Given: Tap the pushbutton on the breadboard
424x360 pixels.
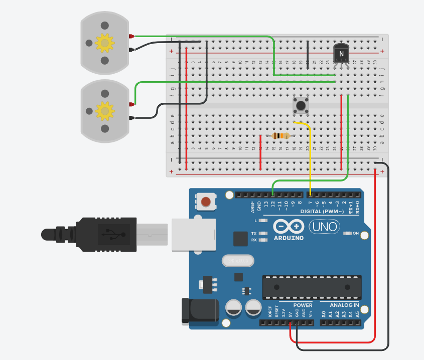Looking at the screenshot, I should (x=300, y=106).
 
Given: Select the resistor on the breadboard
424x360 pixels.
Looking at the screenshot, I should (x=280, y=136).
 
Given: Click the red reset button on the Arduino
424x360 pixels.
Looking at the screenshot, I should (x=205, y=202).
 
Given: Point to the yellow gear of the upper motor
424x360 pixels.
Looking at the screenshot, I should (x=104, y=43).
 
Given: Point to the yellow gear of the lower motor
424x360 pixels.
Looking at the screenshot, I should (x=104, y=110).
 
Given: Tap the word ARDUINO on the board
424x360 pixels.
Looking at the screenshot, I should (x=289, y=238).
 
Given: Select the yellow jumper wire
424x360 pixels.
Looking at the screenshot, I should (x=310, y=155).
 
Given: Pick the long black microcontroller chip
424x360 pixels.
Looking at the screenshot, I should (x=312, y=287).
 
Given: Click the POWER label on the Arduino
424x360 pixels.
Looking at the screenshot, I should (x=303, y=305).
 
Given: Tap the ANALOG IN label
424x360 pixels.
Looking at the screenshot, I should (x=344, y=305).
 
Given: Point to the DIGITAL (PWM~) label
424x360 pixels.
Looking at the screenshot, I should (x=322, y=212).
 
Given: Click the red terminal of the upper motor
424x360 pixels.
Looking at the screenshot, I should (x=131, y=37).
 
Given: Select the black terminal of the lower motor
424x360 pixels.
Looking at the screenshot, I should (x=131, y=118).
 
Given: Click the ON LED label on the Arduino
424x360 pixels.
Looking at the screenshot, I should (x=356, y=234).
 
